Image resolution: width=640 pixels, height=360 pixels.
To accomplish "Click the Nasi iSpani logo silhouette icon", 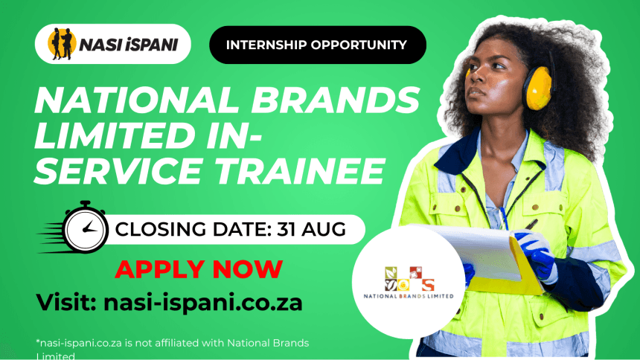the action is pyautogui.click(x=62, y=44).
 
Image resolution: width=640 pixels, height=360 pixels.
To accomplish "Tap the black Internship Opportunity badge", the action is pyautogui.click(x=318, y=45).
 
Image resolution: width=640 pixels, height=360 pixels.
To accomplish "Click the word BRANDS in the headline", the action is pyautogui.click(x=335, y=100).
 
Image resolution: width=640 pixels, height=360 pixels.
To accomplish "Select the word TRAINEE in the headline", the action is pyautogui.click(x=300, y=170).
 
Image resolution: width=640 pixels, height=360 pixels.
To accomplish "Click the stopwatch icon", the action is pyautogui.click(x=85, y=228).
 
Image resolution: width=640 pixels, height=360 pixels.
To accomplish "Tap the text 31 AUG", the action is pyautogui.click(x=311, y=229).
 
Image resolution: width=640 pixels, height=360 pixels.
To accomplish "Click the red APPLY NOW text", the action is pyautogui.click(x=199, y=269).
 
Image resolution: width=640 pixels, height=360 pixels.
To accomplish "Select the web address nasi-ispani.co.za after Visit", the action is pyautogui.click(x=203, y=303).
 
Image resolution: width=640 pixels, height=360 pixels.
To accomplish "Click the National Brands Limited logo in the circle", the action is pyautogui.click(x=409, y=283).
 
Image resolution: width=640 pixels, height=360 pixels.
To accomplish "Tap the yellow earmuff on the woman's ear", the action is pyautogui.click(x=538, y=89).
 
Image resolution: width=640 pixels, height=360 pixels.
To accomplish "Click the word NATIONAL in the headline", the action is pyautogui.click(x=137, y=100).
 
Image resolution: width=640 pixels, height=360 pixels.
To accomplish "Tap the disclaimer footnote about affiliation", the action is pyautogui.click(x=172, y=349).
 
